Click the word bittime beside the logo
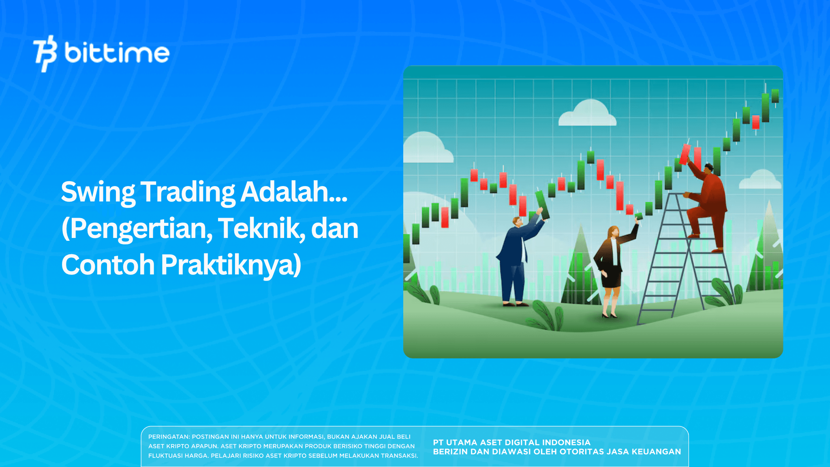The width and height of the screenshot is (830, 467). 117,53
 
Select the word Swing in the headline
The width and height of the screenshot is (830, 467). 98,192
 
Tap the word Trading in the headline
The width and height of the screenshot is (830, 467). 188,192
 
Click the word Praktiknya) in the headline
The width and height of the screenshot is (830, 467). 231,265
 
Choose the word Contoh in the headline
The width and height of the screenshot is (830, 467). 108,265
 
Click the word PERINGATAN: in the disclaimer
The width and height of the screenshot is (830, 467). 169,437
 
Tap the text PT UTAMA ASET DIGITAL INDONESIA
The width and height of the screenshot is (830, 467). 511,442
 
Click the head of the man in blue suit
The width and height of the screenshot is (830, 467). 517,222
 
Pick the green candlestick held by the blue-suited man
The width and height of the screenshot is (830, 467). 542,205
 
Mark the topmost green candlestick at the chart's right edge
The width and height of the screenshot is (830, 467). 775,96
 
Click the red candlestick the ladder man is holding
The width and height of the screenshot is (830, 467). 685,154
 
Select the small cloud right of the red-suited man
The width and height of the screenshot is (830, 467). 760,181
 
